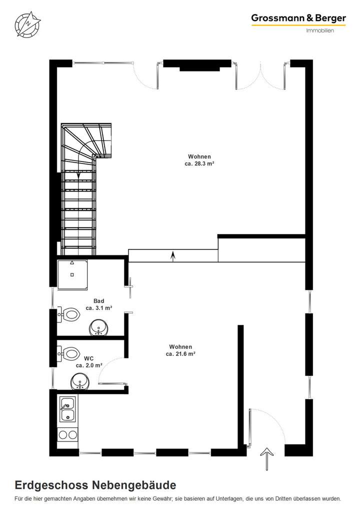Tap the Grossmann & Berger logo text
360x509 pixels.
click(x=298, y=18)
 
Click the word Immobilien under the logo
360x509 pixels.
click(x=319, y=30)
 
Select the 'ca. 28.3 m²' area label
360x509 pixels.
click(x=199, y=163)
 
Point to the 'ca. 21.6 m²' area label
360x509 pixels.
click(x=180, y=353)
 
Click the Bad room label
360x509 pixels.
click(x=98, y=301)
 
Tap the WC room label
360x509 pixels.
click(x=89, y=358)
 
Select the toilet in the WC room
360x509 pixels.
click(x=68, y=353)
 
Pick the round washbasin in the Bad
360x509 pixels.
click(x=99, y=328)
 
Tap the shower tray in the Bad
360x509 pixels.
click(x=73, y=274)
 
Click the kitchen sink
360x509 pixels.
click(x=67, y=409)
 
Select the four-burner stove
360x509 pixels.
click(x=67, y=434)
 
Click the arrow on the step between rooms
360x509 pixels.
click(x=173, y=255)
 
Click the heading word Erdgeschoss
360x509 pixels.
click(x=51, y=485)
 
